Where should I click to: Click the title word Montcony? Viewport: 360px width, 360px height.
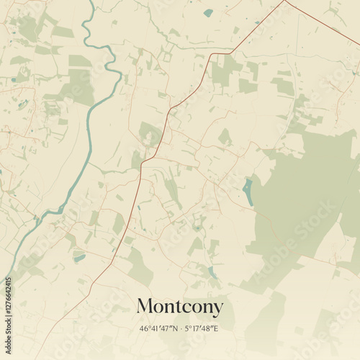point(179,307)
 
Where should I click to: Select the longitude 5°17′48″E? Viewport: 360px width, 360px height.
point(201,329)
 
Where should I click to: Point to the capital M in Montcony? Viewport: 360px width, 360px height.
point(144,306)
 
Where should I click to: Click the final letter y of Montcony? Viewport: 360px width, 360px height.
point(217,308)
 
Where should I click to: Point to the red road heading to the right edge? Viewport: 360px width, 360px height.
point(324,22)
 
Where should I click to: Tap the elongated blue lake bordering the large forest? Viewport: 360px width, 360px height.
point(248,192)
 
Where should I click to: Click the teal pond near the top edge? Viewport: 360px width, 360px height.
point(208,12)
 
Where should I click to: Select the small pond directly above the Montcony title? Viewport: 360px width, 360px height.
point(211,272)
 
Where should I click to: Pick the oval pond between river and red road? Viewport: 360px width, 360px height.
point(78,257)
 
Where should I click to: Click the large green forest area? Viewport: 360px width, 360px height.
point(302,194)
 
